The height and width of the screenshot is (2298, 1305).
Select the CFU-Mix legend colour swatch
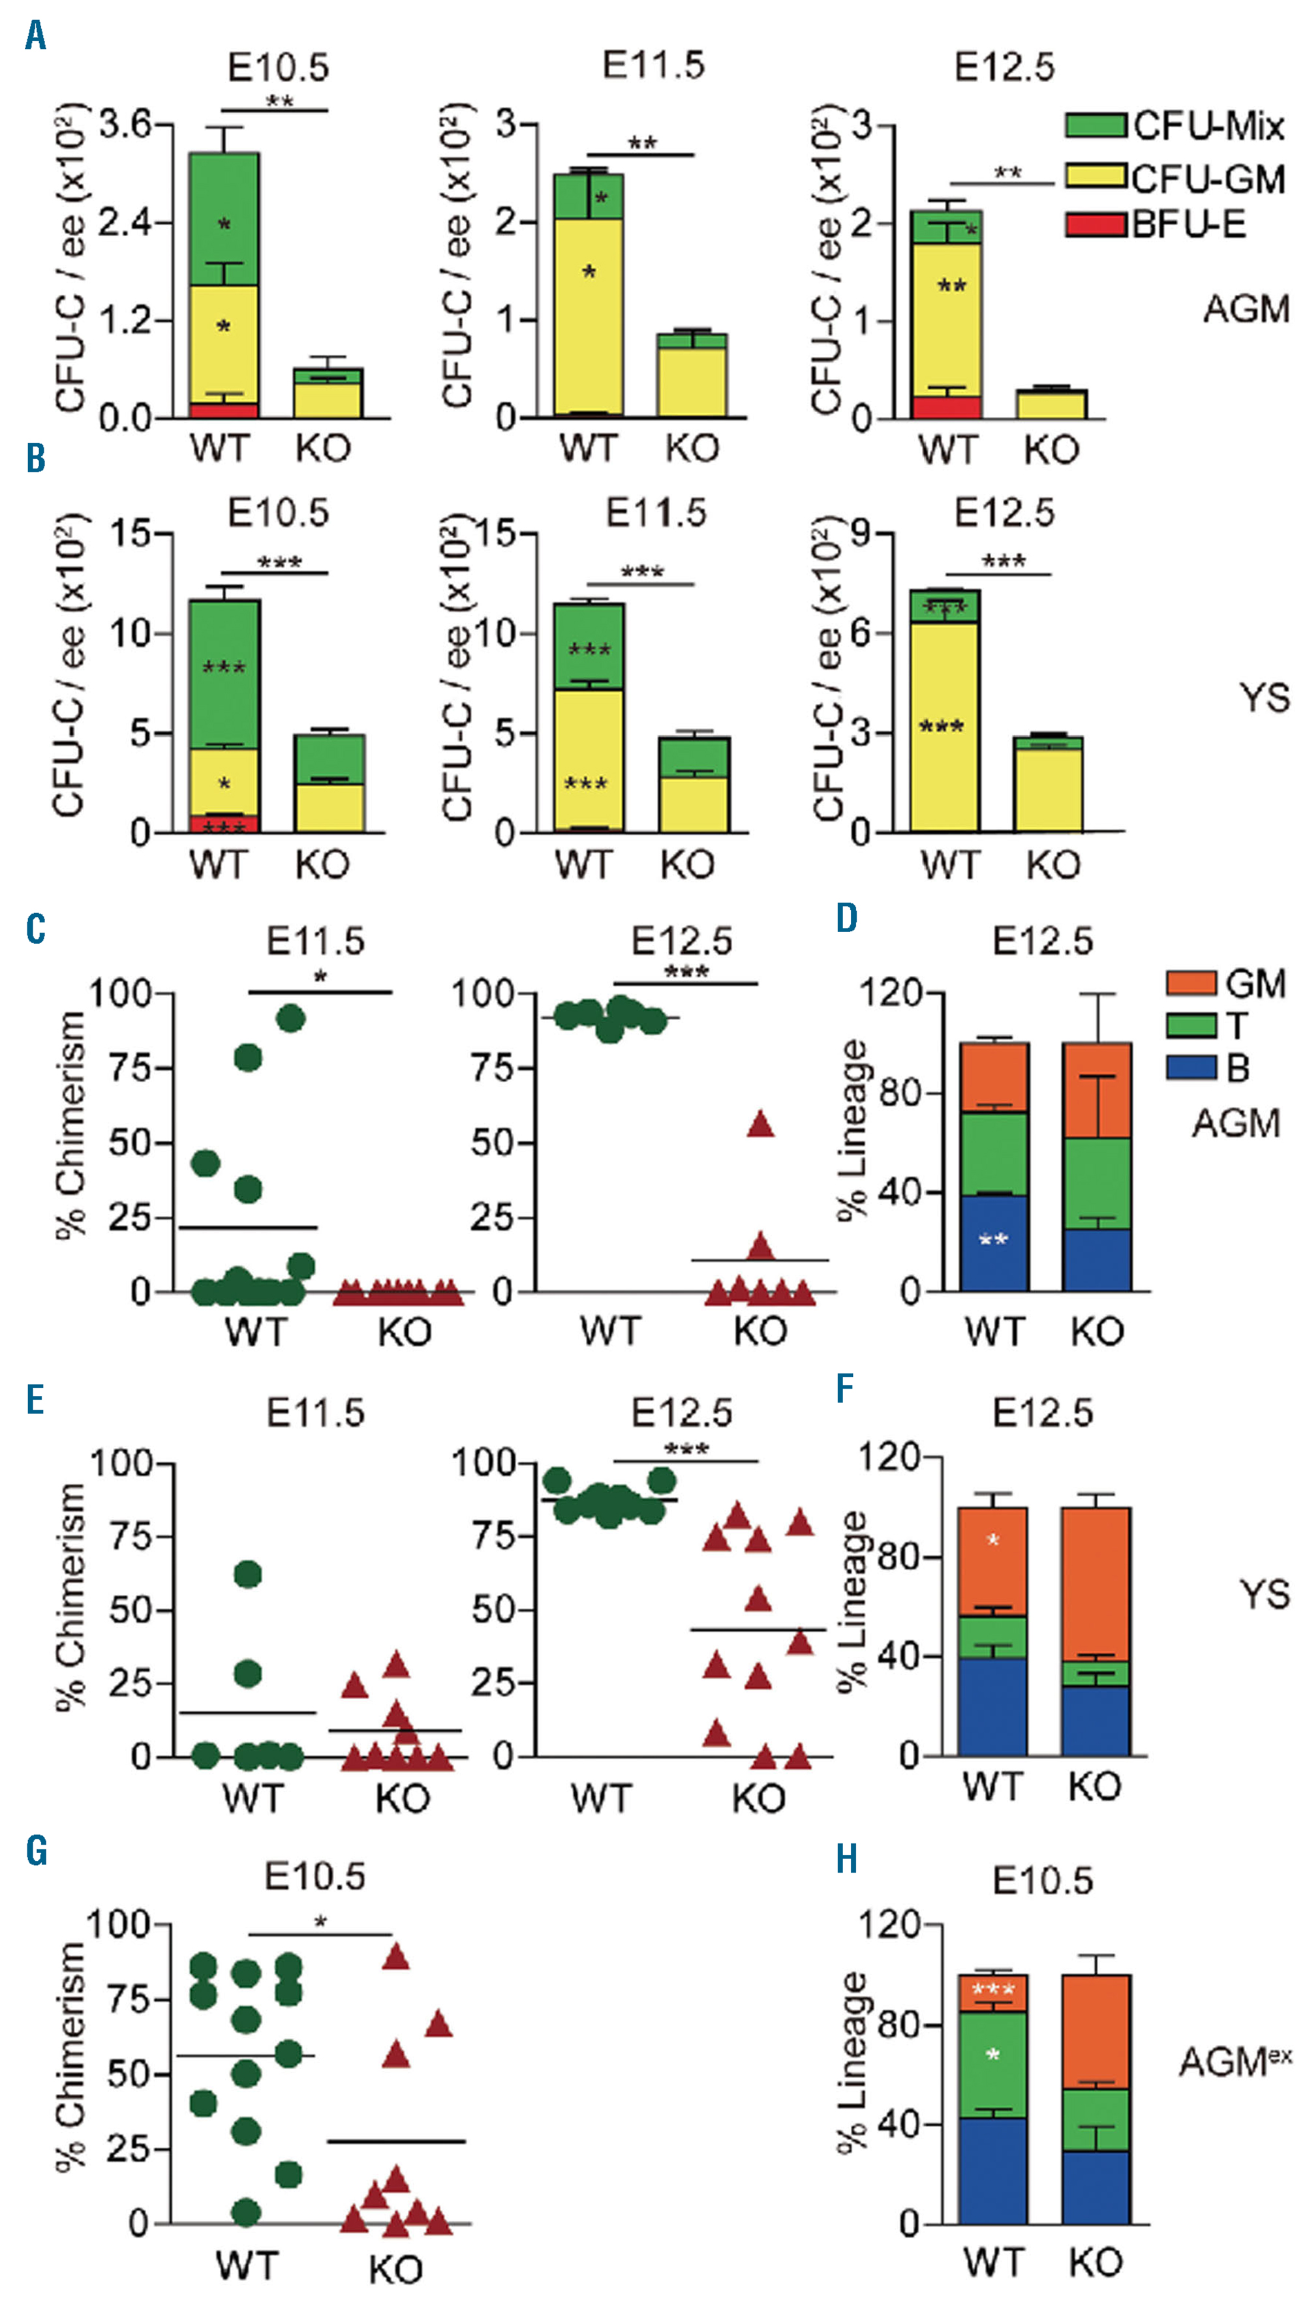(x=1096, y=125)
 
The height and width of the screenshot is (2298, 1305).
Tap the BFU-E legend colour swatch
(x=1096, y=224)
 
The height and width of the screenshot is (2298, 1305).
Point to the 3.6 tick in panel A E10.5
(x=125, y=124)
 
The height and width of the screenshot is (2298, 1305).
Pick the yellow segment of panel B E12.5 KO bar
(x=1049, y=789)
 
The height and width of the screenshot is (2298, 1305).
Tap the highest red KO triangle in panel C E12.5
(x=761, y=1125)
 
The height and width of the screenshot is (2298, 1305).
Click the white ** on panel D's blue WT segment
(x=993, y=1240)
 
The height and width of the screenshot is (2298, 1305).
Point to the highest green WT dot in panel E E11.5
(x=248, y=1574)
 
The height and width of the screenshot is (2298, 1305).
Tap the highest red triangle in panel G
(x=396, y=1957)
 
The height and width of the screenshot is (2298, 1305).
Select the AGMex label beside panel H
(x=1235, y=2061)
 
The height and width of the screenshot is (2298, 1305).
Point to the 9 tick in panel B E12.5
(x=861, y=534)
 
